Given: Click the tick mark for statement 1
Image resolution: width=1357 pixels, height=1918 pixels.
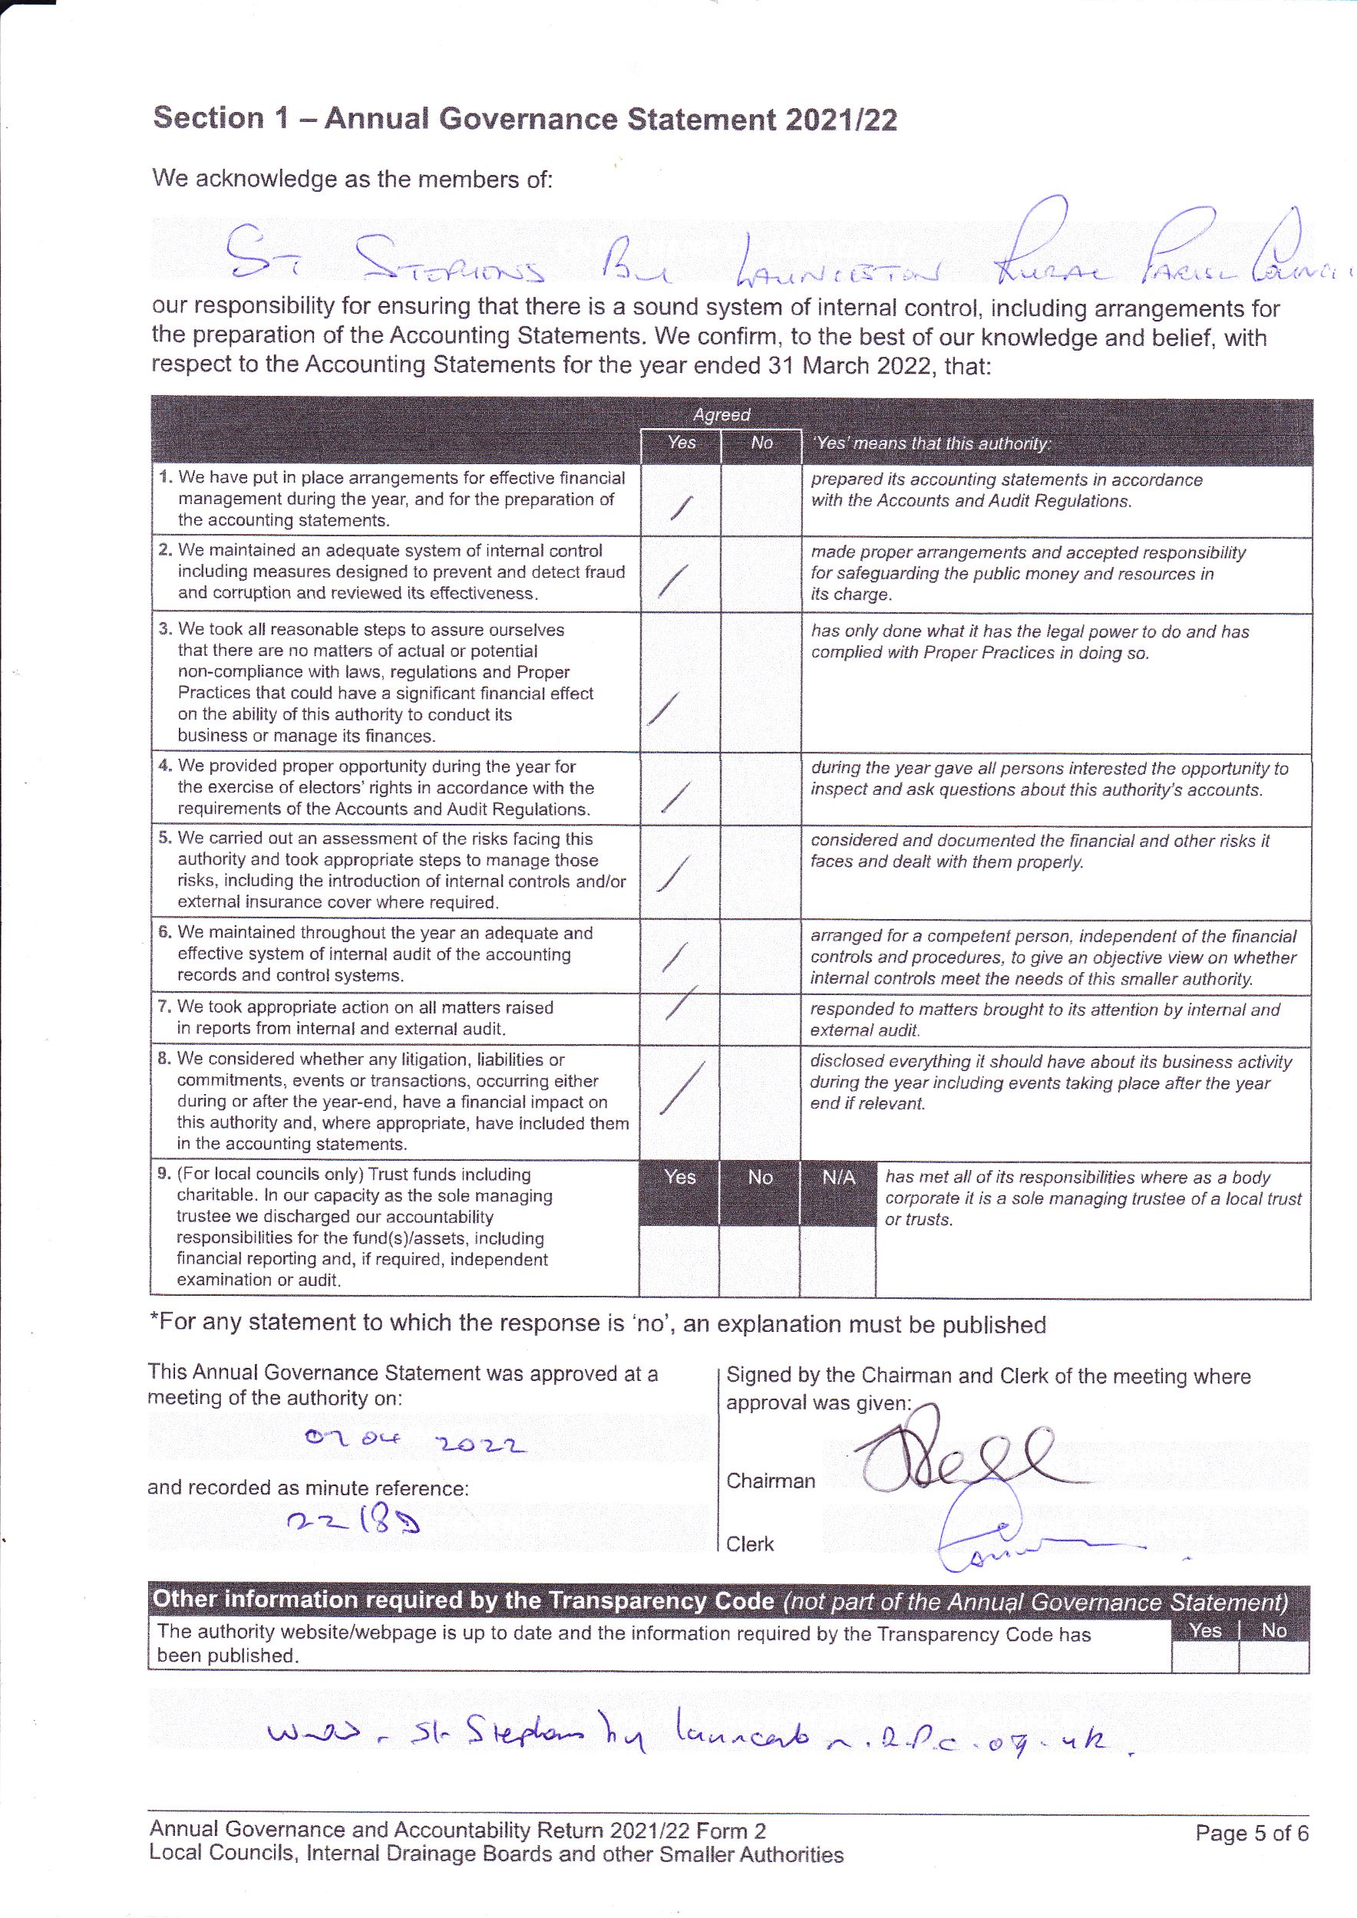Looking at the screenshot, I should tap(681, 506).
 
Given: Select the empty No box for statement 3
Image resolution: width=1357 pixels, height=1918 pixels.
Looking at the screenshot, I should tap(761, 683).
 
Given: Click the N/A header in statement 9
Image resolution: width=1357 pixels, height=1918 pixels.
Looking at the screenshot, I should tap(838, 1177).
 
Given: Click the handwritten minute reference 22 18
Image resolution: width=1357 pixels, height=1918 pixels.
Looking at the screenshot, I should tap(352, 1522).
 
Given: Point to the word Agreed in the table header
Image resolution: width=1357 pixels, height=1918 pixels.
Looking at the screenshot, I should tap(721, 414).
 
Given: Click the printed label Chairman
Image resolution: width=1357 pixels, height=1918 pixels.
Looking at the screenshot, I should tap(771, 1481).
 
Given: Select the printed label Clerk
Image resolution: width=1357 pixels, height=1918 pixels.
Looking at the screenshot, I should tap(750, 1544).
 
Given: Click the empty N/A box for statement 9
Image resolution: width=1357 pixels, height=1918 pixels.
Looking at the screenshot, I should tap(837, 1260).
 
